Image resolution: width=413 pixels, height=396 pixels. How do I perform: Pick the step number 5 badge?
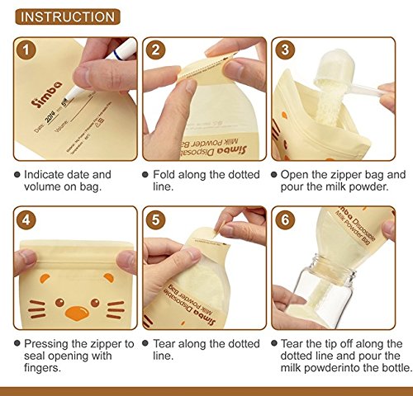(156, 221)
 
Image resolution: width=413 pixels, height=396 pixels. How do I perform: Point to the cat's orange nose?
(76, 313)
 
